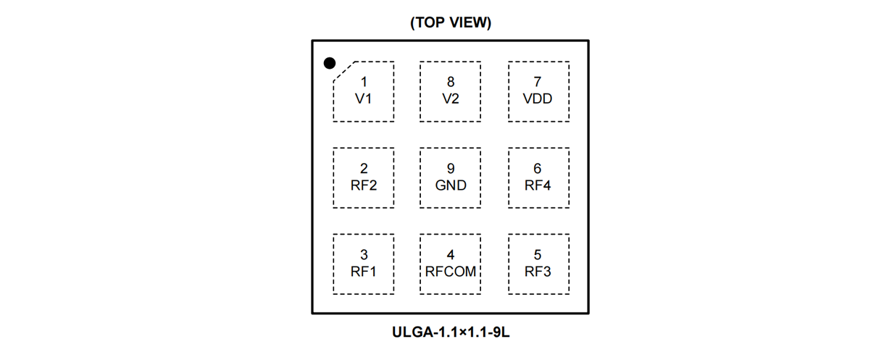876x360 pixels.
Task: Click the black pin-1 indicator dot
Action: click(330, 64)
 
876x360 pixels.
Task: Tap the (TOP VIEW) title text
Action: click(451, 22)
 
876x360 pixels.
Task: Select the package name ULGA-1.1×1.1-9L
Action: click(451, 333)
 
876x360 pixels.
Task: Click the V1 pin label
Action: click(364, 99)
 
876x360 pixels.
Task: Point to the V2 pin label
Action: click(451, 99)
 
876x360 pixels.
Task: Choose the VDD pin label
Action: click(538, 99)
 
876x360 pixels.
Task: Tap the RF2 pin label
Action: click(364, 185)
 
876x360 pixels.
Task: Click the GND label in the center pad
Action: click(451, 185)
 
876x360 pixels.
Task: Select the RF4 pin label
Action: click(538, 185)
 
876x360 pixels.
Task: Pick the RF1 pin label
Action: click(364, 272)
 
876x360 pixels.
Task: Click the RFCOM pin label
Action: click(451, 272)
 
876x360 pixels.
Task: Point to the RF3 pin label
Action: click(538, 272)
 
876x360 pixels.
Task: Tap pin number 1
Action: click(364, 83)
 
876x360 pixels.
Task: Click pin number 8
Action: click(451, 83)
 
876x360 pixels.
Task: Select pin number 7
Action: click(538, 83)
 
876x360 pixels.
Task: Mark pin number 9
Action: click(451, 169)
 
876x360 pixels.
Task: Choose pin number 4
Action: click(451, 255)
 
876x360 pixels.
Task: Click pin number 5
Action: click(538, 255)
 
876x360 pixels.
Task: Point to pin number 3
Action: click(364, 255)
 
